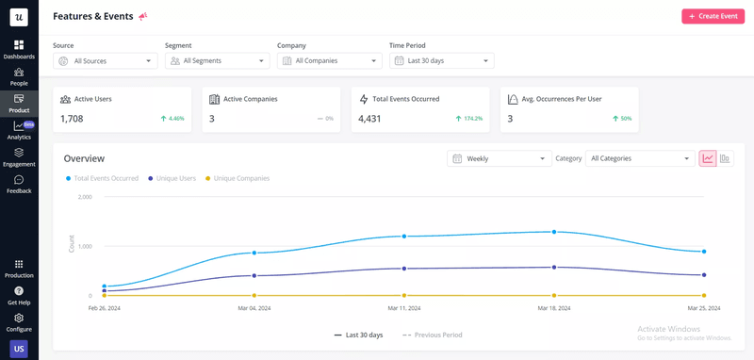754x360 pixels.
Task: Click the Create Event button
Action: pos(713,16)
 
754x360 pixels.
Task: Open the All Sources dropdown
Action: pos(105,61)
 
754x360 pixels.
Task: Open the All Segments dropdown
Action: pos(217,61)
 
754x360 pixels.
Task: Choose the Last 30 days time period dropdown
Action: pos(441,61)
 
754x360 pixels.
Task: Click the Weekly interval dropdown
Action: pos(499,158)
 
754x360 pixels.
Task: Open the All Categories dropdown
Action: pos(640,158)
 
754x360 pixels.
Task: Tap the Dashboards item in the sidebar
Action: pos(19,49)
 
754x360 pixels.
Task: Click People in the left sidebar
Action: pos(19,76)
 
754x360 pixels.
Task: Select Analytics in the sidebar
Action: pos(19,130)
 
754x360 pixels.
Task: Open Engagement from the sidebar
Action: pos(19,156)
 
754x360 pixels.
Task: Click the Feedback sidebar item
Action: pos(19,184)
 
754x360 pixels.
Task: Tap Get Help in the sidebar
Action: pos(19,295)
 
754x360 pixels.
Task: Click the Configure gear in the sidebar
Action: pos(19,322)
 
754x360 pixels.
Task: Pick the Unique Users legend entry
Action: pos(175,178)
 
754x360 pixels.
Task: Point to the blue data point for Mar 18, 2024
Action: pos(554,231)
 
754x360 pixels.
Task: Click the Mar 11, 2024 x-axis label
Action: pos(404,308)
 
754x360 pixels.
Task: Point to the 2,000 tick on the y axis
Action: pos(84,197)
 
